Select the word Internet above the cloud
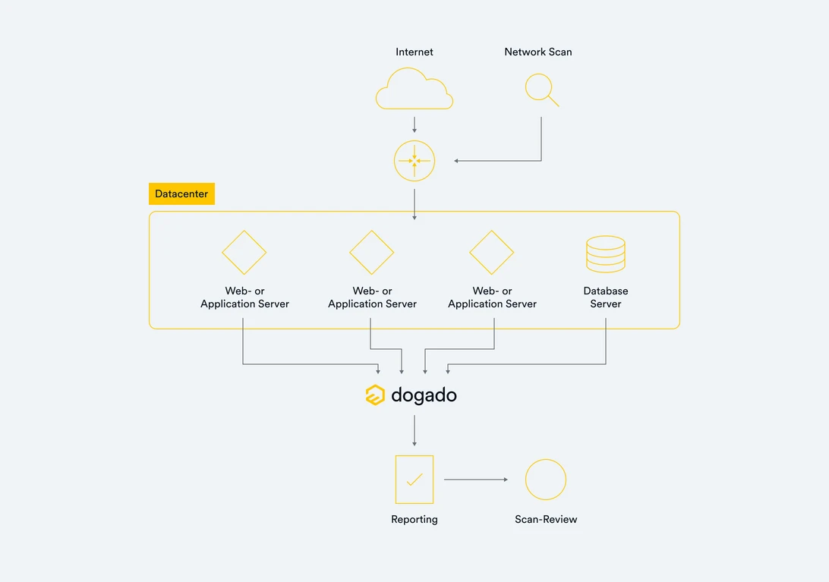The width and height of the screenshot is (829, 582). (414, 52)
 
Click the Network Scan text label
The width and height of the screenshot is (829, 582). (537, 52)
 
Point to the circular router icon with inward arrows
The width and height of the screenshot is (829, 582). (414, 161)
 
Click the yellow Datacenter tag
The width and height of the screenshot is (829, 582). (181, 193)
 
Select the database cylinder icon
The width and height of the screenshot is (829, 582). (606, 253)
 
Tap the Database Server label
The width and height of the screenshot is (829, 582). (606, 297)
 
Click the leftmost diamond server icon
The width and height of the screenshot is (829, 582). (244, 252)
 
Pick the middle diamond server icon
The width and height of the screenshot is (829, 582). (372, 252)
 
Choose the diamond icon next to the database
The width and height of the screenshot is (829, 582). (492, 252)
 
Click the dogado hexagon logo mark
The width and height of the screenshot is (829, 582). (375, 395)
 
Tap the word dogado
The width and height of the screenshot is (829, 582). (424, 395)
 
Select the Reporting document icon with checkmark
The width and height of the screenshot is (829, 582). (414, 480)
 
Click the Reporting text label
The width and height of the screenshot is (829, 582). (414, 519)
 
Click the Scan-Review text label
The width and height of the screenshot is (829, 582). (546, 519)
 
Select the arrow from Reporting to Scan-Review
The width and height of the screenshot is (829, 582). (476, 480)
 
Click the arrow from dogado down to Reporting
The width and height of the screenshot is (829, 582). (414, 431)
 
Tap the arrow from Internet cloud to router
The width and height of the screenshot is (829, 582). (414, 124)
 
